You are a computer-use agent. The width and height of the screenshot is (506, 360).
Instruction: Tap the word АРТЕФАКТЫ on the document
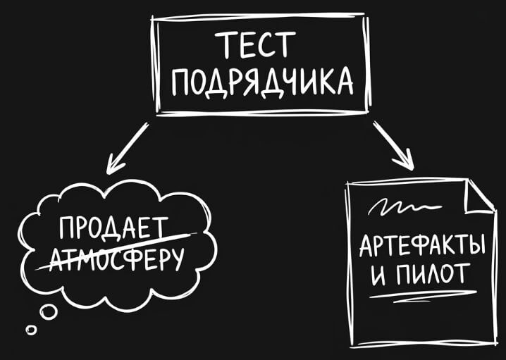coord(422,247)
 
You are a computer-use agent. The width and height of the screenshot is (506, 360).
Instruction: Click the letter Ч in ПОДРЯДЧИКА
coord(292,83)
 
